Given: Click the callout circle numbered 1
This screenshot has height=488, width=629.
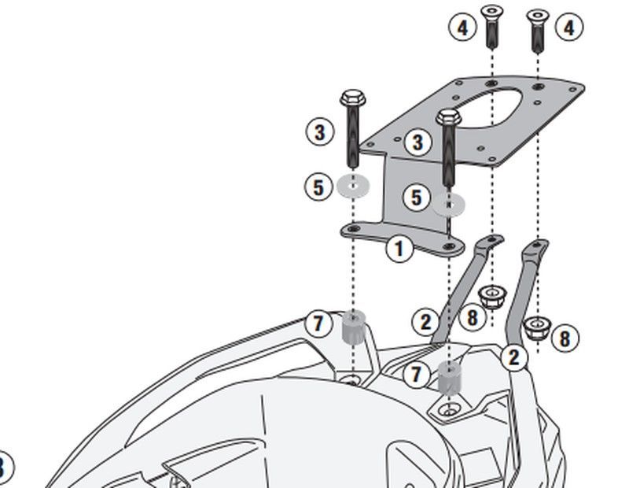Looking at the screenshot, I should (x=399, y=250).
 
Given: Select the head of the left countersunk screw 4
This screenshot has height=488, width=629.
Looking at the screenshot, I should (x=492, y=13).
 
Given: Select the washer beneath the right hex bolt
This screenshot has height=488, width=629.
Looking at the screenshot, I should (x=449, y=205).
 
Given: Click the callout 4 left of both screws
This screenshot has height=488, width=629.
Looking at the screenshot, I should (x=462, y=28).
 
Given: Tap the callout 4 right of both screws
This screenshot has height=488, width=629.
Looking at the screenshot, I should (x=568, y=28).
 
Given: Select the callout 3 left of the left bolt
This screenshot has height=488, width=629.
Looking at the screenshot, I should (x=319, y=131).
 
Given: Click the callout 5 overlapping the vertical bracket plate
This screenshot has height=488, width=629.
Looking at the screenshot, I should (x=417, y=198).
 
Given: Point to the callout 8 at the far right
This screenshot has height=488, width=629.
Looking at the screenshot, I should (x=564, y=338).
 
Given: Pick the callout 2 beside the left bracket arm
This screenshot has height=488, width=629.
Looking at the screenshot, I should (x=425, y=321).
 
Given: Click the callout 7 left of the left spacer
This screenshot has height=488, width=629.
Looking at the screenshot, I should (x=318, y=323).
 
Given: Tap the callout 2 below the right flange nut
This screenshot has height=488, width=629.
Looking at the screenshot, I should (x=513, y=358).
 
